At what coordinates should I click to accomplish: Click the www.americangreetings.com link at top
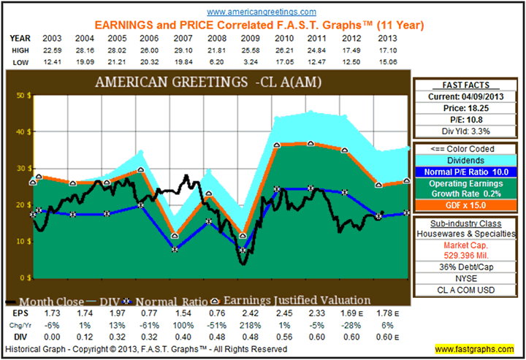[262, 12]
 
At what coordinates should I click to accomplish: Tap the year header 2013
[389, 37]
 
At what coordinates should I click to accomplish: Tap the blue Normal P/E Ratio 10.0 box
[467, 172]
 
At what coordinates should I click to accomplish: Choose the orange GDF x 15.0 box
[467, 207]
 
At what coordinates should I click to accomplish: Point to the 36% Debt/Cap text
[467, 267]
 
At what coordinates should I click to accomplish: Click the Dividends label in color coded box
[467, 160]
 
